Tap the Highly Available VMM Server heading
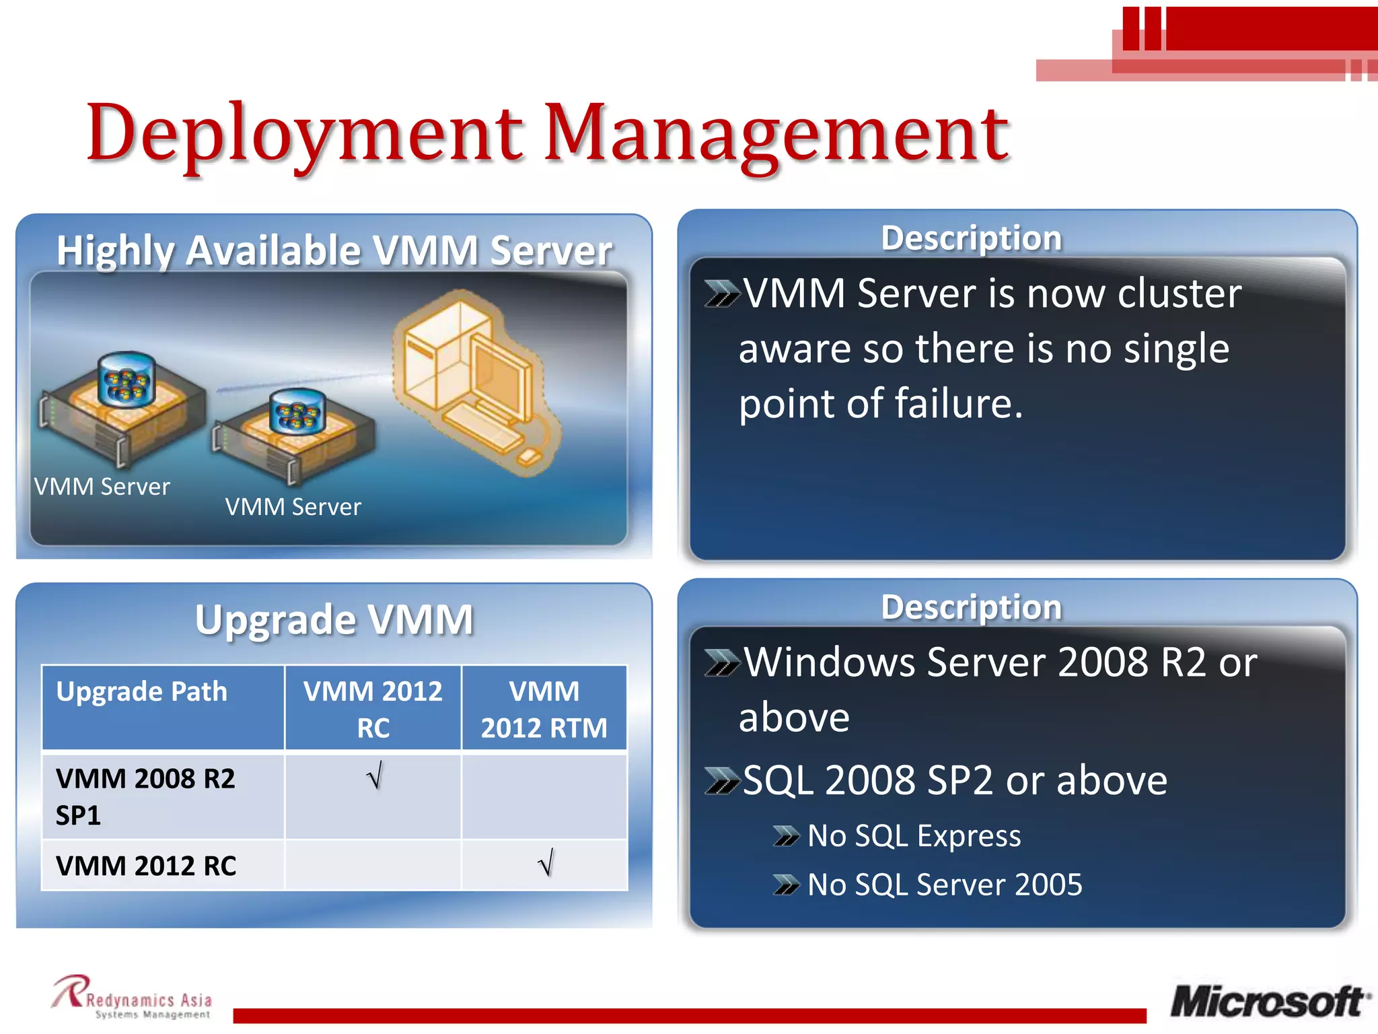click(x=334, y=250)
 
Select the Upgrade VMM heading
click(x=334, y=619)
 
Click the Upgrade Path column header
click(x=142, y=692)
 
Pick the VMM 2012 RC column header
click(x=373, y=709)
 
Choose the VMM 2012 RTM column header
click(x=544, y=709)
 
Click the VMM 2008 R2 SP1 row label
click(x=145, y=796)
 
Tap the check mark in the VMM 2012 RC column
click(x=375, y=776)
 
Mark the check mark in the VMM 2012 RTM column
click(x=546, y=862)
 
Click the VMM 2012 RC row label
click(x=146, y=866)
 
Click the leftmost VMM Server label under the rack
click(x=102, y=487)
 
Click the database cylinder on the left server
click(x=126, y=379)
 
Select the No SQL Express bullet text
click(x=914, y=836)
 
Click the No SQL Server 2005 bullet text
click(x=944, y=885)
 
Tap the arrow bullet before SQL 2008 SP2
click(x=721, y=781)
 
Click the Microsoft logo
click(x=1269, y=1002)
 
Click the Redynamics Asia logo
click(x=133, y=998)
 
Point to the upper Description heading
click(x=971, y=238)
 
